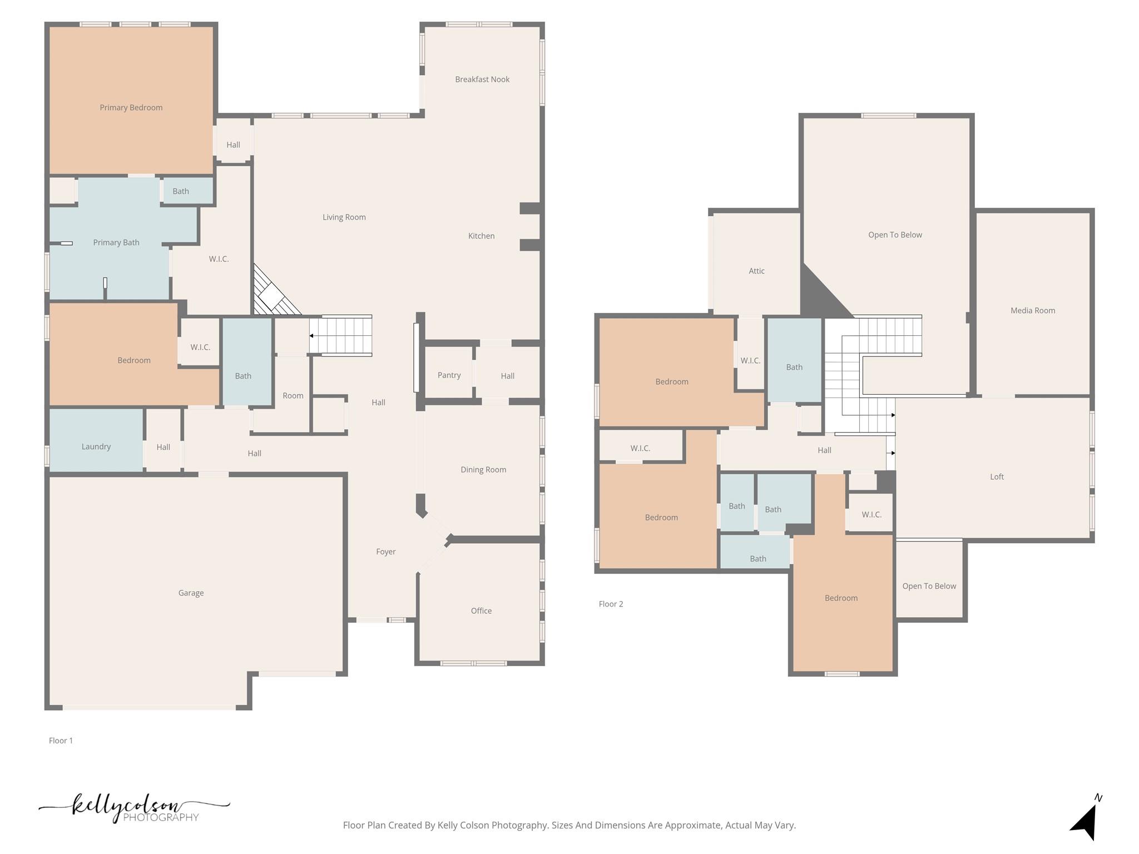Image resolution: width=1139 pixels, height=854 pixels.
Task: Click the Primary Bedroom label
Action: click(131, 107)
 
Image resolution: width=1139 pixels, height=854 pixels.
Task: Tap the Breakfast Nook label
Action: click(482, 80)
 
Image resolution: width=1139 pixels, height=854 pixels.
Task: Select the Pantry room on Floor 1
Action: click(449, 375)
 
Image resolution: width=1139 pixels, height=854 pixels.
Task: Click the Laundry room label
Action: click(96, 446)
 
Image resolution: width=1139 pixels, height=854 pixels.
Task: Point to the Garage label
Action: click(191, 593)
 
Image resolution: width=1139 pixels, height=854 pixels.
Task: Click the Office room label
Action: click(481, 610)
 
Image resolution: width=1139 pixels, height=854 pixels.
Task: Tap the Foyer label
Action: click(385, 552)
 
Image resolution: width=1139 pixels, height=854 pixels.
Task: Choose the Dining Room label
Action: click(483, 470)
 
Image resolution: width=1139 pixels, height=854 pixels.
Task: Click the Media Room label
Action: click(1032, 310)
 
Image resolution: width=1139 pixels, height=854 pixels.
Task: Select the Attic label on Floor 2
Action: click(756, 271)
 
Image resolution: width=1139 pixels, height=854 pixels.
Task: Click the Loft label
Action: click(997, 476)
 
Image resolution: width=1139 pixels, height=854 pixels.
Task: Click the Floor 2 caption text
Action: click(611, 604)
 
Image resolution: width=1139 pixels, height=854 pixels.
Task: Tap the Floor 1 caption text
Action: click(61, 741)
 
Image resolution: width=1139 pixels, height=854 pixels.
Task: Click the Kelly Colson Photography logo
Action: click(133, 808)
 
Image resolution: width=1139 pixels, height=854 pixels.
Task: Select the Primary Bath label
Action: click(116, 242)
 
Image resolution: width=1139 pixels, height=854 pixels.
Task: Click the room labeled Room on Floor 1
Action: click(293, 395)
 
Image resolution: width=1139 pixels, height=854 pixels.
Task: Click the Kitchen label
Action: click(481, 236)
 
